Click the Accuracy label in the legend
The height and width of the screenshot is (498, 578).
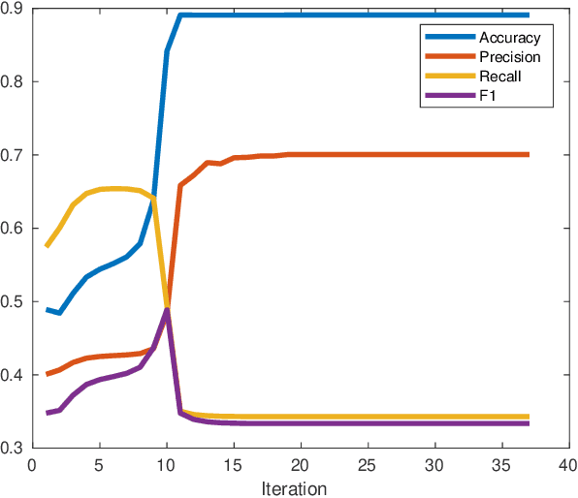coord(508,38)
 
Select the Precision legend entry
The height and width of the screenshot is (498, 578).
coord(509,57)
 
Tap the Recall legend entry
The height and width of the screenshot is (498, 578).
coord(499,76)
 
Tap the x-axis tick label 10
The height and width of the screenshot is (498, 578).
coord(167,464)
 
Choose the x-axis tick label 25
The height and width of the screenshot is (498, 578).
coord(368,464)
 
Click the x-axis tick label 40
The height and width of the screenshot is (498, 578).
coord(568,464)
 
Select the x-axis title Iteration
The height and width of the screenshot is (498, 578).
coord(294,487)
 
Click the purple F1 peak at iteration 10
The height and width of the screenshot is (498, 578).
coord(167,309)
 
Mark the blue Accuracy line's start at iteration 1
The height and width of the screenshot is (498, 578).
coord(48,310)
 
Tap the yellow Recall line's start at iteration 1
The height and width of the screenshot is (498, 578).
coord(48,246)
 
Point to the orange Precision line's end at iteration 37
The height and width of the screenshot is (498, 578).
coord(528,155)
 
